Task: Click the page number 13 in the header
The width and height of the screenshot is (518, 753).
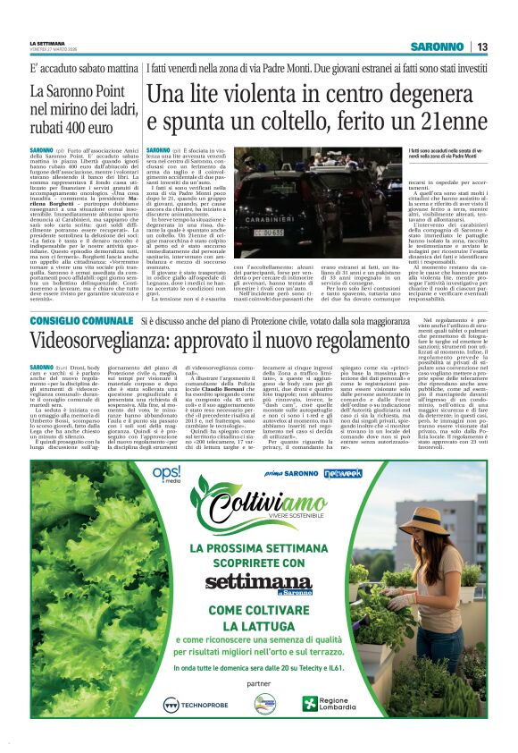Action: pos(481,47)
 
